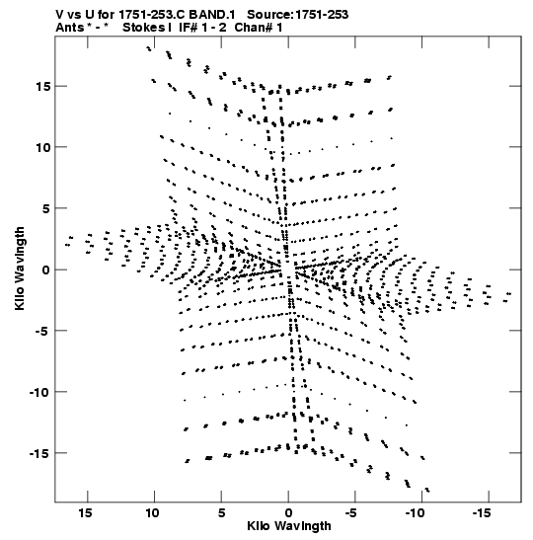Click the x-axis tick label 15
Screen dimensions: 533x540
coord(85,513)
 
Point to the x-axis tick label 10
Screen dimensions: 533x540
coord(152,513)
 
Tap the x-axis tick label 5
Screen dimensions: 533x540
coord(222,513)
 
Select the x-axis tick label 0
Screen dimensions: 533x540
coord(288,513)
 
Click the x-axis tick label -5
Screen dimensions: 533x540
coord(350,513)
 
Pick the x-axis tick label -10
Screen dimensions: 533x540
coord(415,513)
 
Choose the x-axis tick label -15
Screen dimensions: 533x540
coord(482,513)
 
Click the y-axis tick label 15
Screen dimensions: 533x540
coord(43,87)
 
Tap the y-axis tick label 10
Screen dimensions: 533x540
coord(43,147)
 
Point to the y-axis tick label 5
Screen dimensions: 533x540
coord(46,208)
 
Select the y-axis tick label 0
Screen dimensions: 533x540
coord(46,270)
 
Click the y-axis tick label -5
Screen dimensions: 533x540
coord(42,331)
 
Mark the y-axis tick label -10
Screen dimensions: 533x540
coord(39,392)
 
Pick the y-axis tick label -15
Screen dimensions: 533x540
coord(39,453)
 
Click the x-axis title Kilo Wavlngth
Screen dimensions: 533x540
coord(289,526)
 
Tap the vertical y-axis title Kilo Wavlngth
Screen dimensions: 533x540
coord(20,269)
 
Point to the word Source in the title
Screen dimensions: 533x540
coord(270,15)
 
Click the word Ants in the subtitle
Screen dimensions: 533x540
coord(69,28)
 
